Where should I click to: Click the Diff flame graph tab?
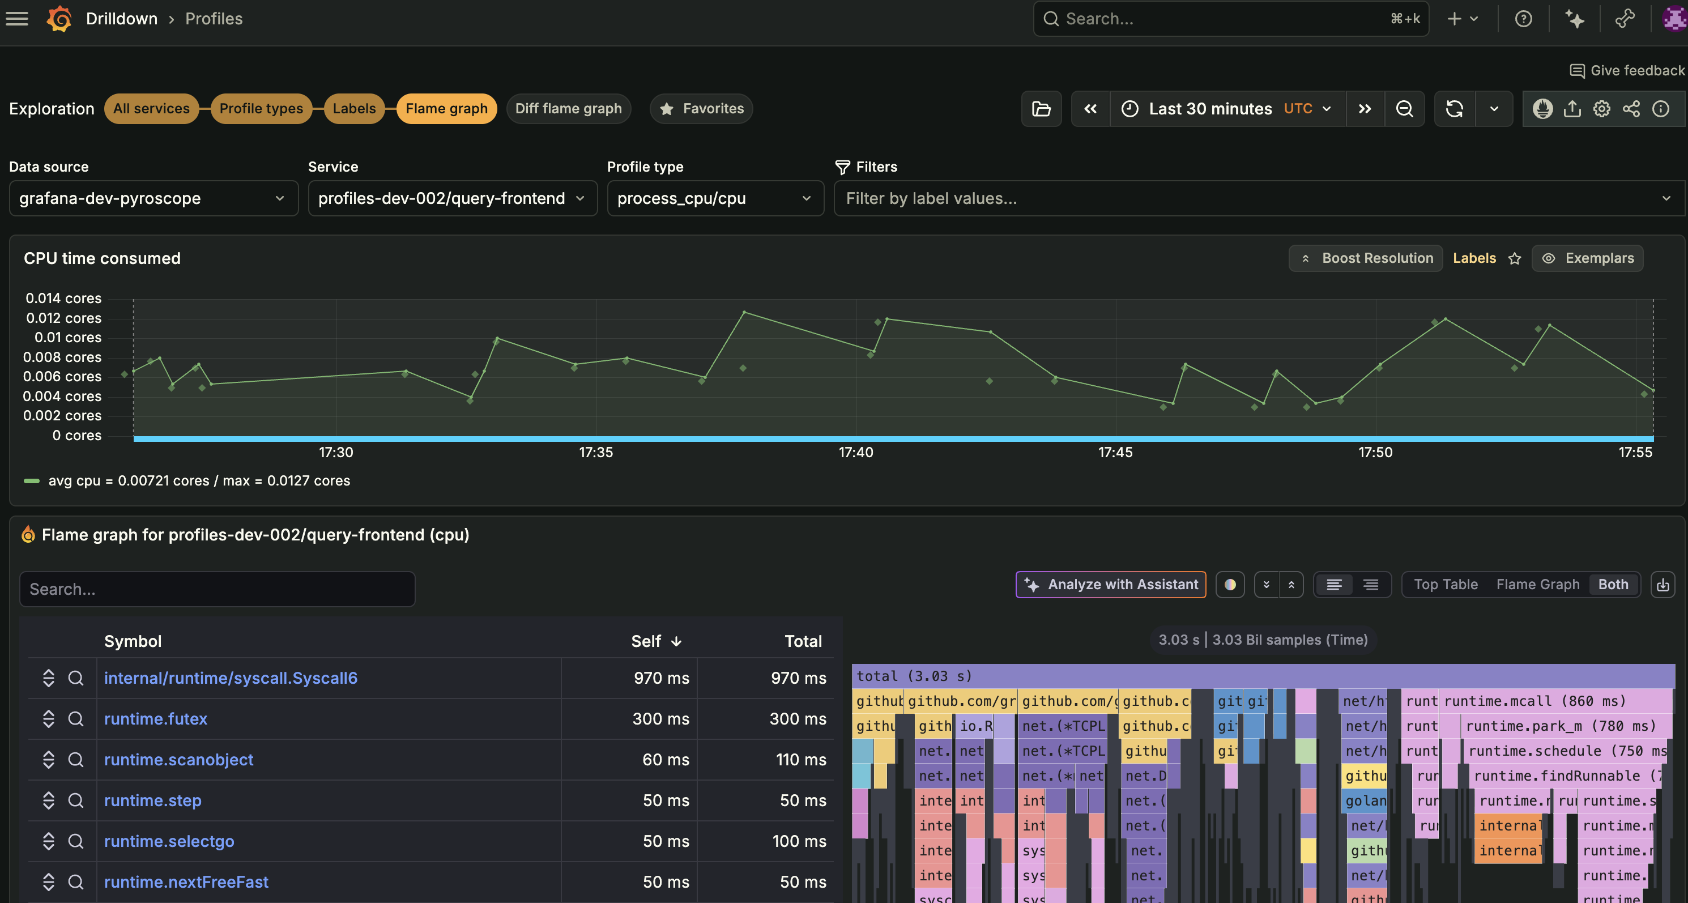tap(568, 109)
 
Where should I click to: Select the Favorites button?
tap(701, 109)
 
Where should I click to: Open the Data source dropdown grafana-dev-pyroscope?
tap(154, 198)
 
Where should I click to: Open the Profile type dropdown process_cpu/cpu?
tap(714, 198)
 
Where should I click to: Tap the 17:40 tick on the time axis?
tap(856, 452)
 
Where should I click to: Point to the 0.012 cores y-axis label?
tap(63, 318)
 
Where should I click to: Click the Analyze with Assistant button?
tap(1111, 585)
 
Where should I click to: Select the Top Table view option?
tap(1446, 585)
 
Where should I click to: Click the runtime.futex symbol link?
tap(155, 719)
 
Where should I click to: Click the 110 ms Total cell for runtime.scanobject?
tap(801, 760)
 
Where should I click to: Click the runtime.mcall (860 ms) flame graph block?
tap(1533, 701)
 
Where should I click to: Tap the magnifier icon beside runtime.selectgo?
tap(76, 841)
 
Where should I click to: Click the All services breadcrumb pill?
tap(151, 109)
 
